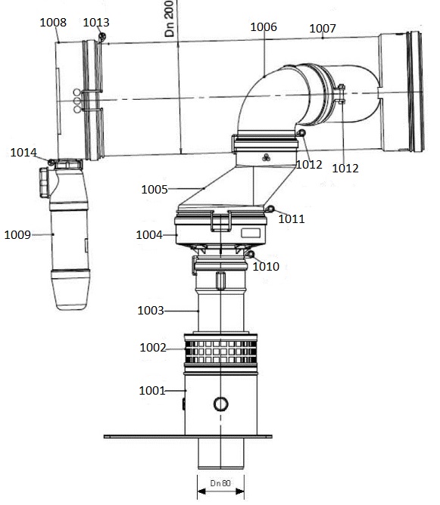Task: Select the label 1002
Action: pyautogui.click(x=153, y=348)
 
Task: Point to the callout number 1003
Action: pyautogui.click(x=151, y=310)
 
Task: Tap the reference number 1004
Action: pyautogui.click(x=149, y=235)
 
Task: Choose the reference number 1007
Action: pyautogui.click(x=323, y=28)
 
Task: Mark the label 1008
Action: pyautogui.click(x=52, y=23)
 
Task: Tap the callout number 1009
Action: pyautogui.click(x=17, y=234)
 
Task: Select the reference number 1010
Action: pyautogui.click(x=265, y=266)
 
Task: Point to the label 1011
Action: pyautogui.click(x=292, y=219)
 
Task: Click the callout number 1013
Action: pyautogui.click(x=96, y=23)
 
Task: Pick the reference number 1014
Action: pyautogui.click(x=23, y=153)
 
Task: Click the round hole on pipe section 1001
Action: pyautogui.click(x=220, y=404)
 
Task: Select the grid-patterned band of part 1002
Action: pyautogui.click(x=221, y=352)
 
